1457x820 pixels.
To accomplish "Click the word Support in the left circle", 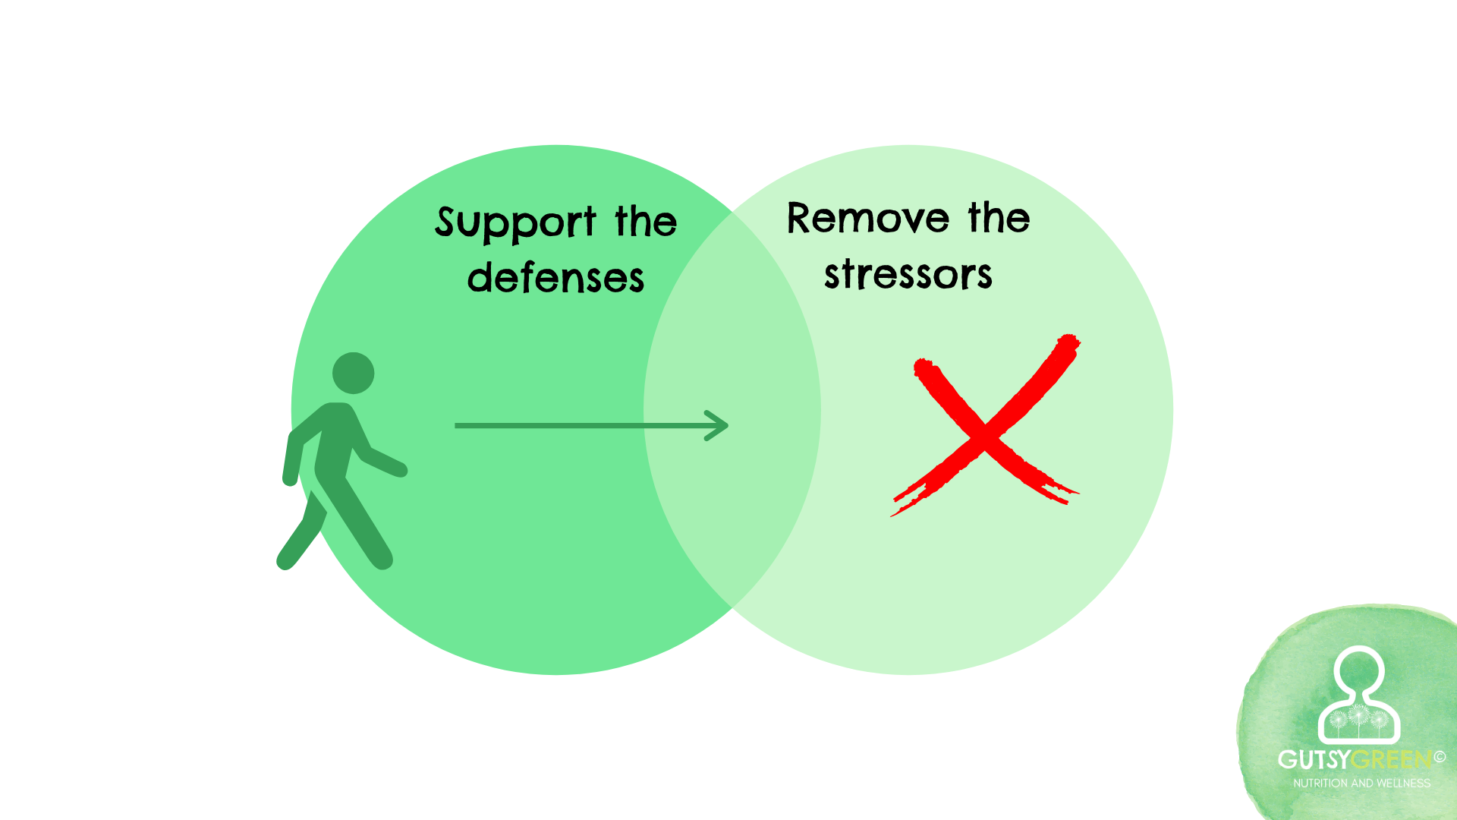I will [x=515, y=222].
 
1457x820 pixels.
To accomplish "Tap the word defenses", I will [x=555, y=278].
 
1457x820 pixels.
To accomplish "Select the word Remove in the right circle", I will [x=867, y=219].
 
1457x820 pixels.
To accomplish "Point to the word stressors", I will [x=908, y=274].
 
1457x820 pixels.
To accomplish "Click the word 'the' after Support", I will [x=646, y=222].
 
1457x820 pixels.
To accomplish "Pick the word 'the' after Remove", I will [x=999, y=218].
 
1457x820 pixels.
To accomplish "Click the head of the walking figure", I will [x=354, y=373].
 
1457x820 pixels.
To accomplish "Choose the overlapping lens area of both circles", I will [x=732, y=410].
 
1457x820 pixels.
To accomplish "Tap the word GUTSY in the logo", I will [x=1314, y=759].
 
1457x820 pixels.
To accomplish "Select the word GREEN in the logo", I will [x=1392, y=759].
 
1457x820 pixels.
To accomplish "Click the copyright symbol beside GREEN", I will [x=1440, y=756].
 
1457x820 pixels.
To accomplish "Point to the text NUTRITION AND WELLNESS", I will [x=1361, y=783].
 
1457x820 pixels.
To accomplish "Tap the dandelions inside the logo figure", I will [x=1358, y=717].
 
